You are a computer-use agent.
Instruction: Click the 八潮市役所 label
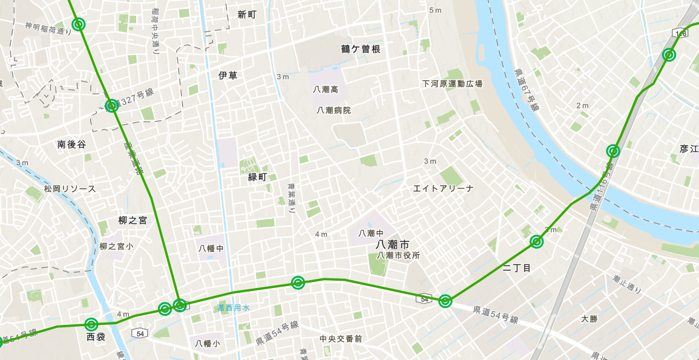click(x=398, y=255)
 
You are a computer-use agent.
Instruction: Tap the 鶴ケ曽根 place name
click(x=361, y=49)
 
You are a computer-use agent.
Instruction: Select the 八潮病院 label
click(x=333, y=110)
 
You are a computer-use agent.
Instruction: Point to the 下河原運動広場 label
click(x=452, y=83)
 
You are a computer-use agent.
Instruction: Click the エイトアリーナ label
click(x=443, y=188)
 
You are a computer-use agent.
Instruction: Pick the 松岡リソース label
click(x=70, y=189)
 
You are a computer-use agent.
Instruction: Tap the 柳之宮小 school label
click(x=116, y=246)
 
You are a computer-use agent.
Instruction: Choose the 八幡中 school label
click(x=211, y=248)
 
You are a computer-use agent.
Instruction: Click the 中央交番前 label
click(x=341, y=339)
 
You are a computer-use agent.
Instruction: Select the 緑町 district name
click(x=257, y=177)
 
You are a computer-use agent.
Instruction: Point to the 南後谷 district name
click(x=71, y=145)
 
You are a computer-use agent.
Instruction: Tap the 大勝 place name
click(x=589, y=318)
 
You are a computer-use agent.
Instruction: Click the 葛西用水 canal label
click(x=234, y=308)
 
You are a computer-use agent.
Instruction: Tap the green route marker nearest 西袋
click(x=91, y=324)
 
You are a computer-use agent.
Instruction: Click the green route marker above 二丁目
click(x=536, y=242)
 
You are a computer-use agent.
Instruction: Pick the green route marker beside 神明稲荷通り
click(x=78, y=24)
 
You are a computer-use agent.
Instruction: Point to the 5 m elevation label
click(x=435, y=10)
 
